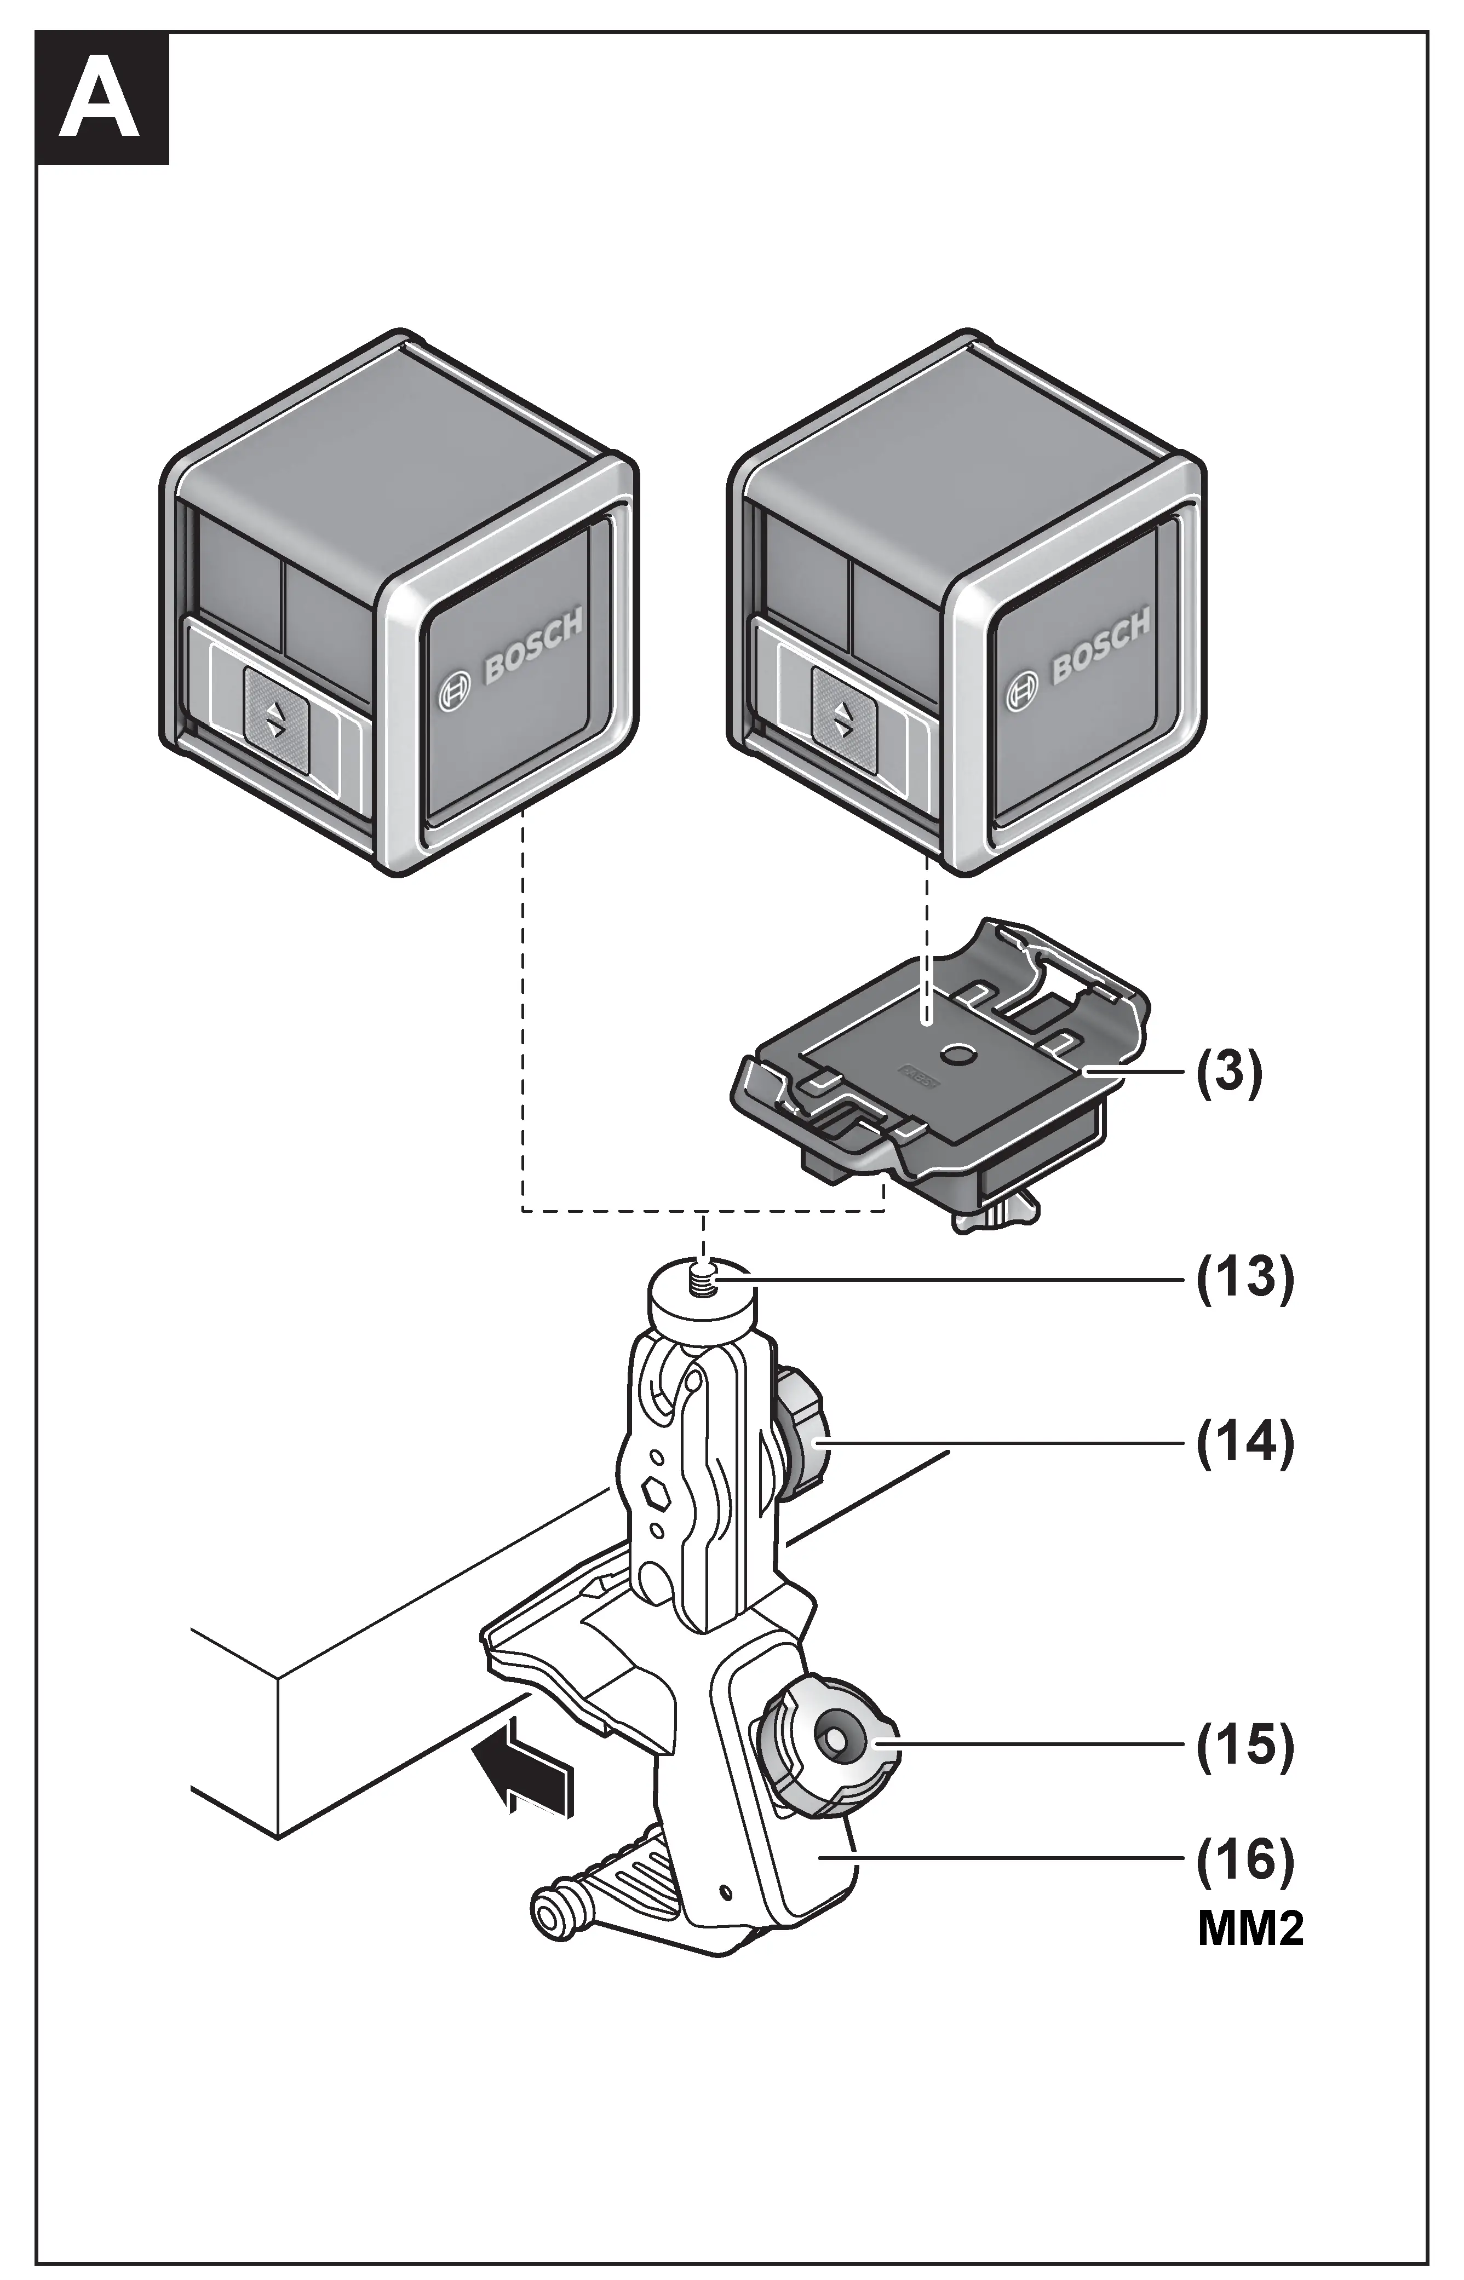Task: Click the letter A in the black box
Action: [x=101, y=99]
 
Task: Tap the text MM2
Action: [x=1250, y=1930]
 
